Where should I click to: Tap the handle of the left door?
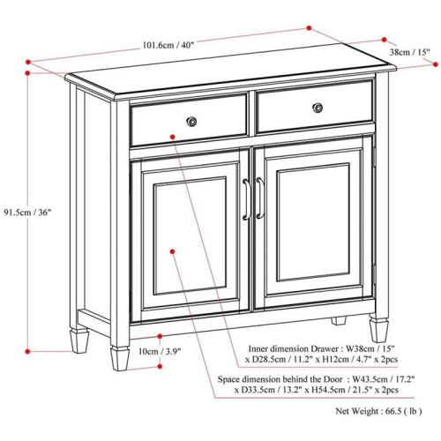(x=246, y=198)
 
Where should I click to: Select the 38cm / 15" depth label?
(x=409, y=53)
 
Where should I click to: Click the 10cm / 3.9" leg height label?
(x=160, y=351)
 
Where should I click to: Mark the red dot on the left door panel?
(x=174, y=250)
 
